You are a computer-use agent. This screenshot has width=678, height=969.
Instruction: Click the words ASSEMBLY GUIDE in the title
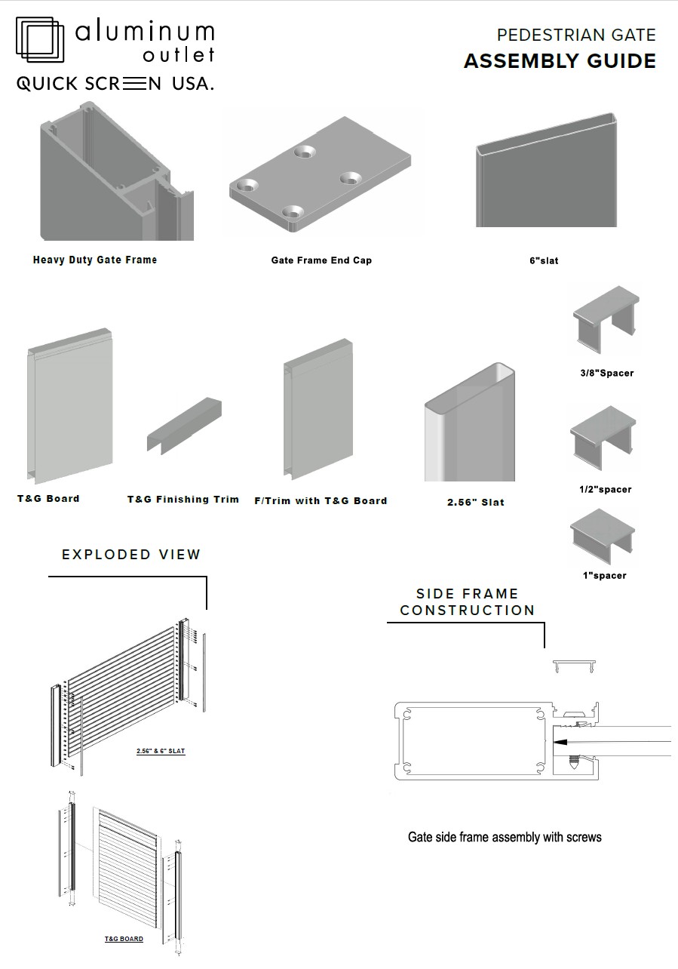(560, 61)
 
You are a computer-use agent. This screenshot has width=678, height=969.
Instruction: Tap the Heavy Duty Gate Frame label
(95, 260)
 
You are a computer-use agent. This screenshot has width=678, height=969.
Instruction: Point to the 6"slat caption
(544, 261)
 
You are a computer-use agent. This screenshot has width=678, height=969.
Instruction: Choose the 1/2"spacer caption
(606, 489)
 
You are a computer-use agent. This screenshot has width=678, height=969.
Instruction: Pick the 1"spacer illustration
(603, 536)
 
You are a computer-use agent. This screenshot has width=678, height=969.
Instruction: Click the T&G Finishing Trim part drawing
(184, 426)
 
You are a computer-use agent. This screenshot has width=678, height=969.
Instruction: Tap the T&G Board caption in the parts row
(48, 499)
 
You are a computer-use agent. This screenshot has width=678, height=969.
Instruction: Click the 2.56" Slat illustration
(470, 424)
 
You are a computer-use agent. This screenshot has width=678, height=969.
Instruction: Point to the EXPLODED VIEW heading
(131, 555)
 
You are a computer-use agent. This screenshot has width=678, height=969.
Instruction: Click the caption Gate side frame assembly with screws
(505, 837)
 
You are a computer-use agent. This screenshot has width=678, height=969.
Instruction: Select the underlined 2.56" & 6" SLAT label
(161, 751)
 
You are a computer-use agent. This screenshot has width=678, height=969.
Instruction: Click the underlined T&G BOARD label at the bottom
(124, 939)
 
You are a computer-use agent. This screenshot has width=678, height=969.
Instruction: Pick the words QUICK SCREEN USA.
(115, 84)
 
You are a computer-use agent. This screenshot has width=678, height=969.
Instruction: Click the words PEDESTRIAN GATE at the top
(576, 35)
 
